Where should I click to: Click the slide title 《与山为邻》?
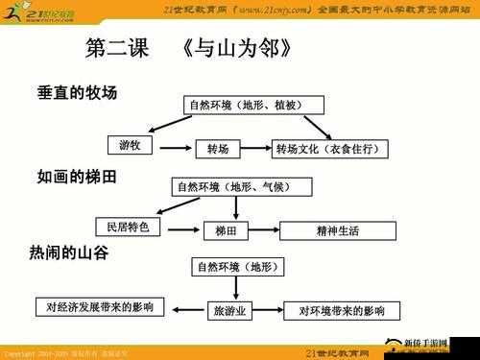coord(234,49)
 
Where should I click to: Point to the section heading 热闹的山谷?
coord(69,253)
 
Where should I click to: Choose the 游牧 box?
coord(130,145)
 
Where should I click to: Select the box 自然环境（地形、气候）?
coord(233,187)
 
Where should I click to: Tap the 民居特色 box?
coord(129,227)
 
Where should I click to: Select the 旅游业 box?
coord(229,310)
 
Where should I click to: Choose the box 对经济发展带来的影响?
coord(100,307)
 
